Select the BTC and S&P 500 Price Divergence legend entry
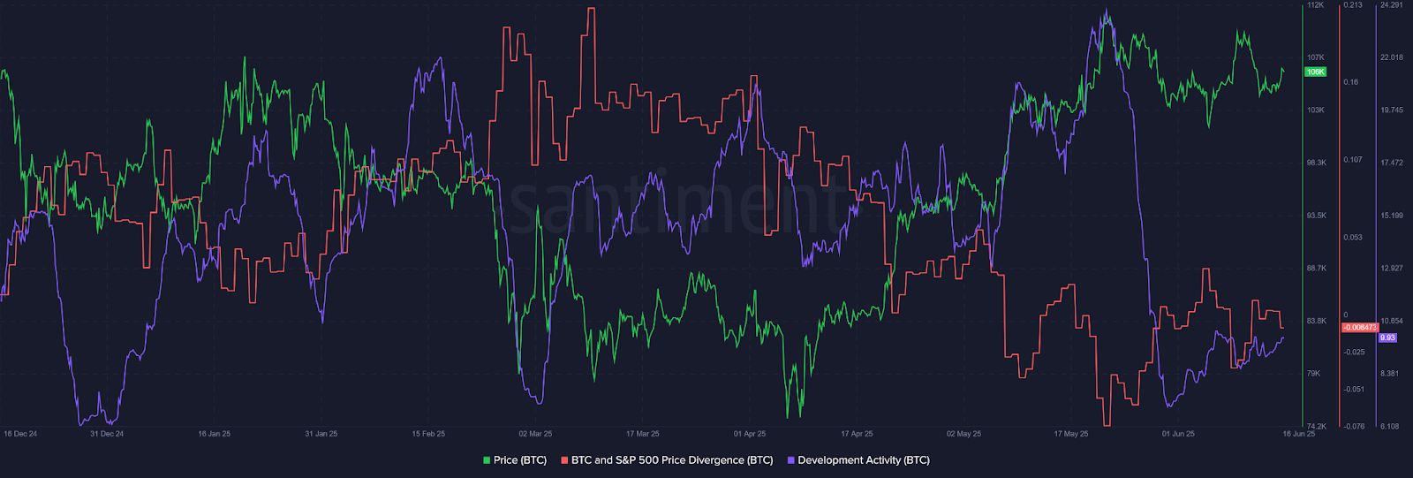(x=672, y=459)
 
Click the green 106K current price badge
(x=1315, y=72)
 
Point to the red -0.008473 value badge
(x=1357, y=327)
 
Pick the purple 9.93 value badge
(x=1387, y=337)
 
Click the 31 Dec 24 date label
(x=107, y=434)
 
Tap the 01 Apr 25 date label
(x=750, y=434)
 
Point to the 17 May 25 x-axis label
(x=1070, y=434)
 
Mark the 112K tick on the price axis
(x=1315, y=5)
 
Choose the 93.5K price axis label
(x=1316, y=216)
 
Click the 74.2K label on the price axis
(x=1316, y=426)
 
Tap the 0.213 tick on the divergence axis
(x=1351, y=5)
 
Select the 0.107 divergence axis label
(x=1351, y=160)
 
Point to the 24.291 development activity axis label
(x=1391, y=5)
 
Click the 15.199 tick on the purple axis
(x=1391, y=216)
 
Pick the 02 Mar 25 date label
(x=535, y=434)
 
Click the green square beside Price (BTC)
(x=486, y=460)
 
